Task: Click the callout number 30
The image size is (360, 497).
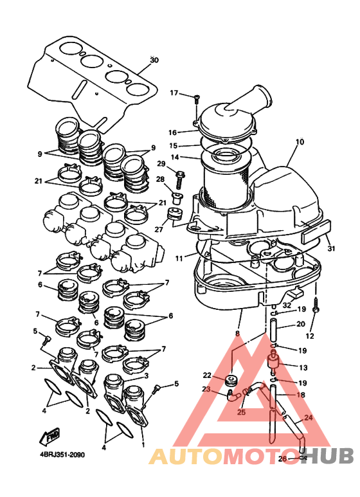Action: coord(154,60)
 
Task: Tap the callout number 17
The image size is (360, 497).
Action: coord(174,93)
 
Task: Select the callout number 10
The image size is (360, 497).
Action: coord(300,141)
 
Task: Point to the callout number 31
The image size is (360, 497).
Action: coord(331,248)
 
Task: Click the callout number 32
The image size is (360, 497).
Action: coord(287,305)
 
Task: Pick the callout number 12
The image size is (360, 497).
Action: coord(310,336)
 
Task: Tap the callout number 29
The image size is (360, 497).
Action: coord(161,163)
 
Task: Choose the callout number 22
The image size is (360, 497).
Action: coord(207,375)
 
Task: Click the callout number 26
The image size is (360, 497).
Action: coord(282,458)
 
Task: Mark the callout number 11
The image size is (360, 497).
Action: coord(179,258)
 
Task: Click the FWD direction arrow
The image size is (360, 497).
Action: coord(50,436)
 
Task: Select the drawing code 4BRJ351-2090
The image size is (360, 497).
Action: coord(62,455)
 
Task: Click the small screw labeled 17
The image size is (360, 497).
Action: coord(196,99)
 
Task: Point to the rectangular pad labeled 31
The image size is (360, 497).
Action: coord(316,232)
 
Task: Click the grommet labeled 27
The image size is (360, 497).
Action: coord(174,213)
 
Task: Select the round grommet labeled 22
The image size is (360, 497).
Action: coord(231,380)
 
